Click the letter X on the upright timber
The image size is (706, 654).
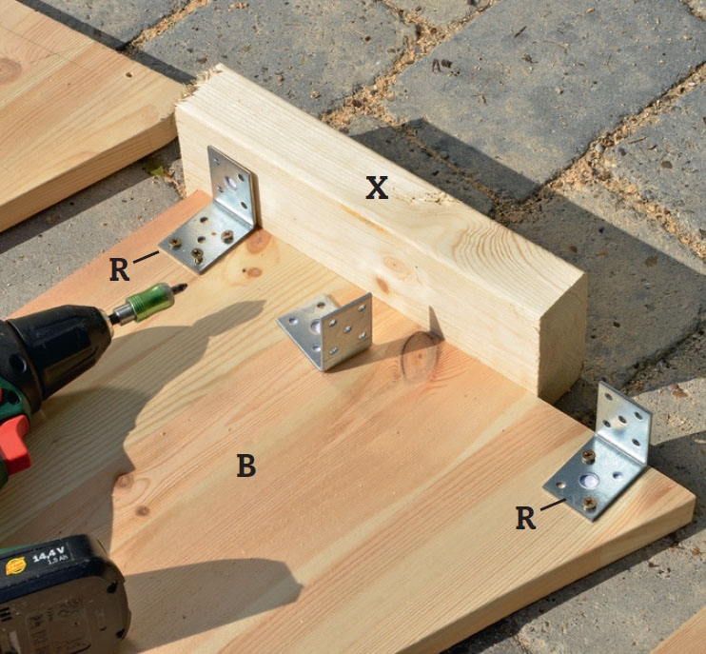click(377, 188)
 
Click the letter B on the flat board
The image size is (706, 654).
click(246, 466)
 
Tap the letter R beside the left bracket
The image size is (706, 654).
click(119, 269)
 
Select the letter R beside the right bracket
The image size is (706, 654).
click(526, 518)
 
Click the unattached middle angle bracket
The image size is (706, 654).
click(327, 330)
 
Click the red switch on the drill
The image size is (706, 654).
click(14, 444)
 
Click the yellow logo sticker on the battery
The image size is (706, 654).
click(16, 565)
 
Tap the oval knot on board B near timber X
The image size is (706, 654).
click(420, 357)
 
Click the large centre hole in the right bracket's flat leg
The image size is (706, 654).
click(589, 481)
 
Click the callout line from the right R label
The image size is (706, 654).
click(553, 505)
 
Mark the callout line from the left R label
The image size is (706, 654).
click(147, 257)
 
